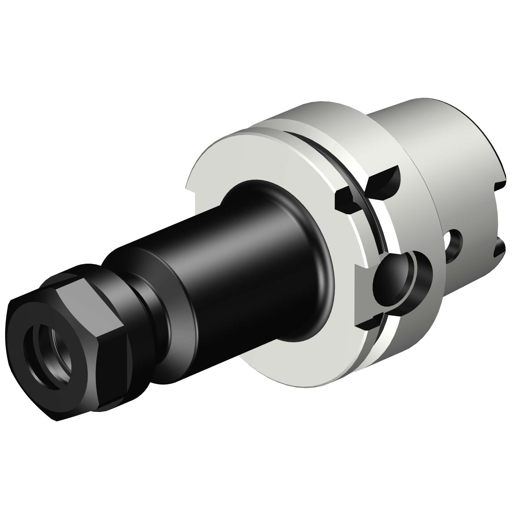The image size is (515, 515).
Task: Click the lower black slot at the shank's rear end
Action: pyautogui.click(x=500, y=249)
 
